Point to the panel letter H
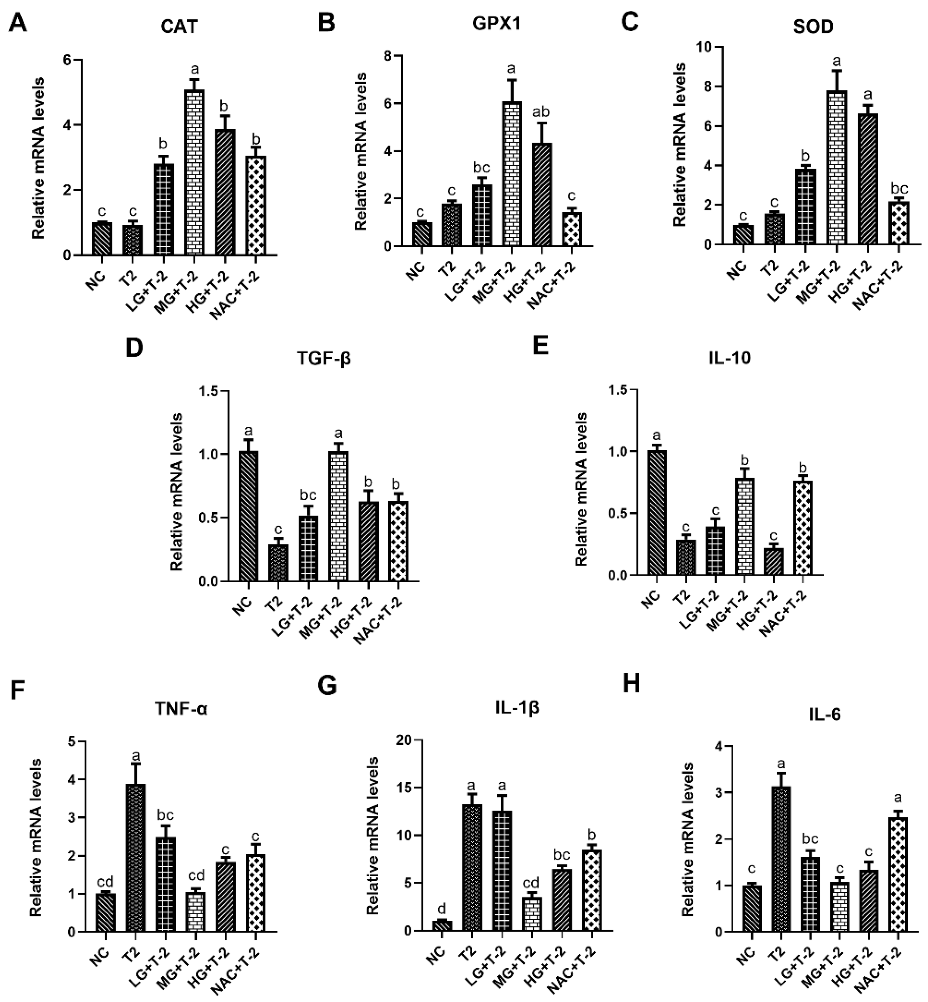[x=631, y=684]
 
